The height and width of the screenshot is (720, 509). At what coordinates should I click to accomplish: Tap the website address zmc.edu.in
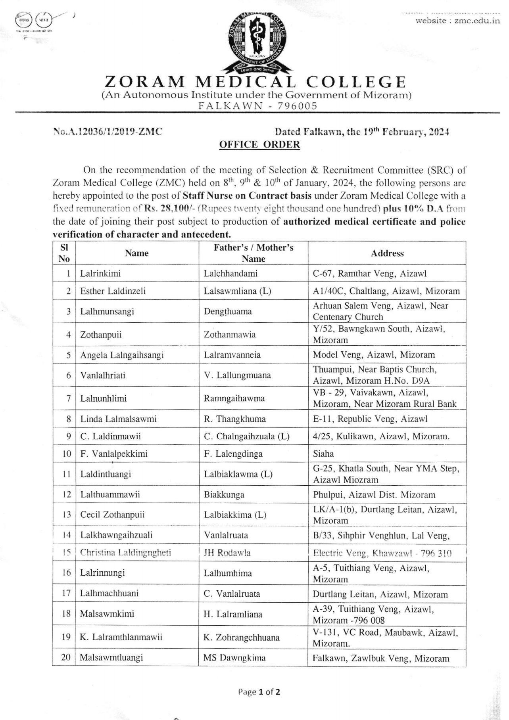457,21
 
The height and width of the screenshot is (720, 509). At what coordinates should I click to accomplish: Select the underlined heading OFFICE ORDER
259,145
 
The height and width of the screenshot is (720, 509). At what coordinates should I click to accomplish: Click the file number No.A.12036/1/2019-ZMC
108,132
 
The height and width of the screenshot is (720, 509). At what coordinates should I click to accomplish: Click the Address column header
387,253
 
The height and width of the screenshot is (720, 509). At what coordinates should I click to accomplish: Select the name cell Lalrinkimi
100,274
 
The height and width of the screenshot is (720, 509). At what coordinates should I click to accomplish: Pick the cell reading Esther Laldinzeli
113,291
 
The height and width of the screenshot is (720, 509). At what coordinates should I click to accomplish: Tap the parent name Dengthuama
228,311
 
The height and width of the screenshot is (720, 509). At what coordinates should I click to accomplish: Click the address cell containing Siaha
323,454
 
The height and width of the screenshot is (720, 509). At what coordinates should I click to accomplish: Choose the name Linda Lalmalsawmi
118,419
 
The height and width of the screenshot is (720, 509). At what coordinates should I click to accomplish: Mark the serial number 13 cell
66,515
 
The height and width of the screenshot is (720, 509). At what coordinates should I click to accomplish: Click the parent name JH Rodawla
227,553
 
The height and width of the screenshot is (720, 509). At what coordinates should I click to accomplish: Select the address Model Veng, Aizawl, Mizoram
374,355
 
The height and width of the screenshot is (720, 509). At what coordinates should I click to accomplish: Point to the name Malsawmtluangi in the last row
111,657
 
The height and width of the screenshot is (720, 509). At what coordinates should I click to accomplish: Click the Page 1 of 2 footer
259,692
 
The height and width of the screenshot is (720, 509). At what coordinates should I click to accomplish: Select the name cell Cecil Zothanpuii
112,515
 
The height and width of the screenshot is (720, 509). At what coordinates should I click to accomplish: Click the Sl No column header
64,253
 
